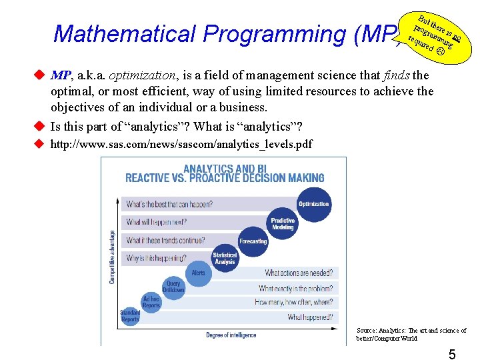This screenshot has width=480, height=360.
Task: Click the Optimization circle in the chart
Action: point(313,205)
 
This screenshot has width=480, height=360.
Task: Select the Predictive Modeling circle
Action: point(283,224)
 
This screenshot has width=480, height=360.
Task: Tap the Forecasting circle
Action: point(253,241)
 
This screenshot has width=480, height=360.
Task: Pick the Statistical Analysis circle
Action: point(225,259)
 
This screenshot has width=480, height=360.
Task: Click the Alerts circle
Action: point(199,273)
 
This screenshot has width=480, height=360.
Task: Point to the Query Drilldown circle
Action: point(173,287)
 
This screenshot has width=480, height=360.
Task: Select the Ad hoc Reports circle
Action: point(151,301)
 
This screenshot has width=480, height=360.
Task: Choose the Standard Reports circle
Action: point(130,316)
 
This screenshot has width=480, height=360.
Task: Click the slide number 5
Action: point(451,355)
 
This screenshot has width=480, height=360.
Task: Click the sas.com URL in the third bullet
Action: point(181,144)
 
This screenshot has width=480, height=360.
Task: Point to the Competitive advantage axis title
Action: point(112,257)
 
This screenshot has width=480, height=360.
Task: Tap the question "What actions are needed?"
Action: point(298,273)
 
